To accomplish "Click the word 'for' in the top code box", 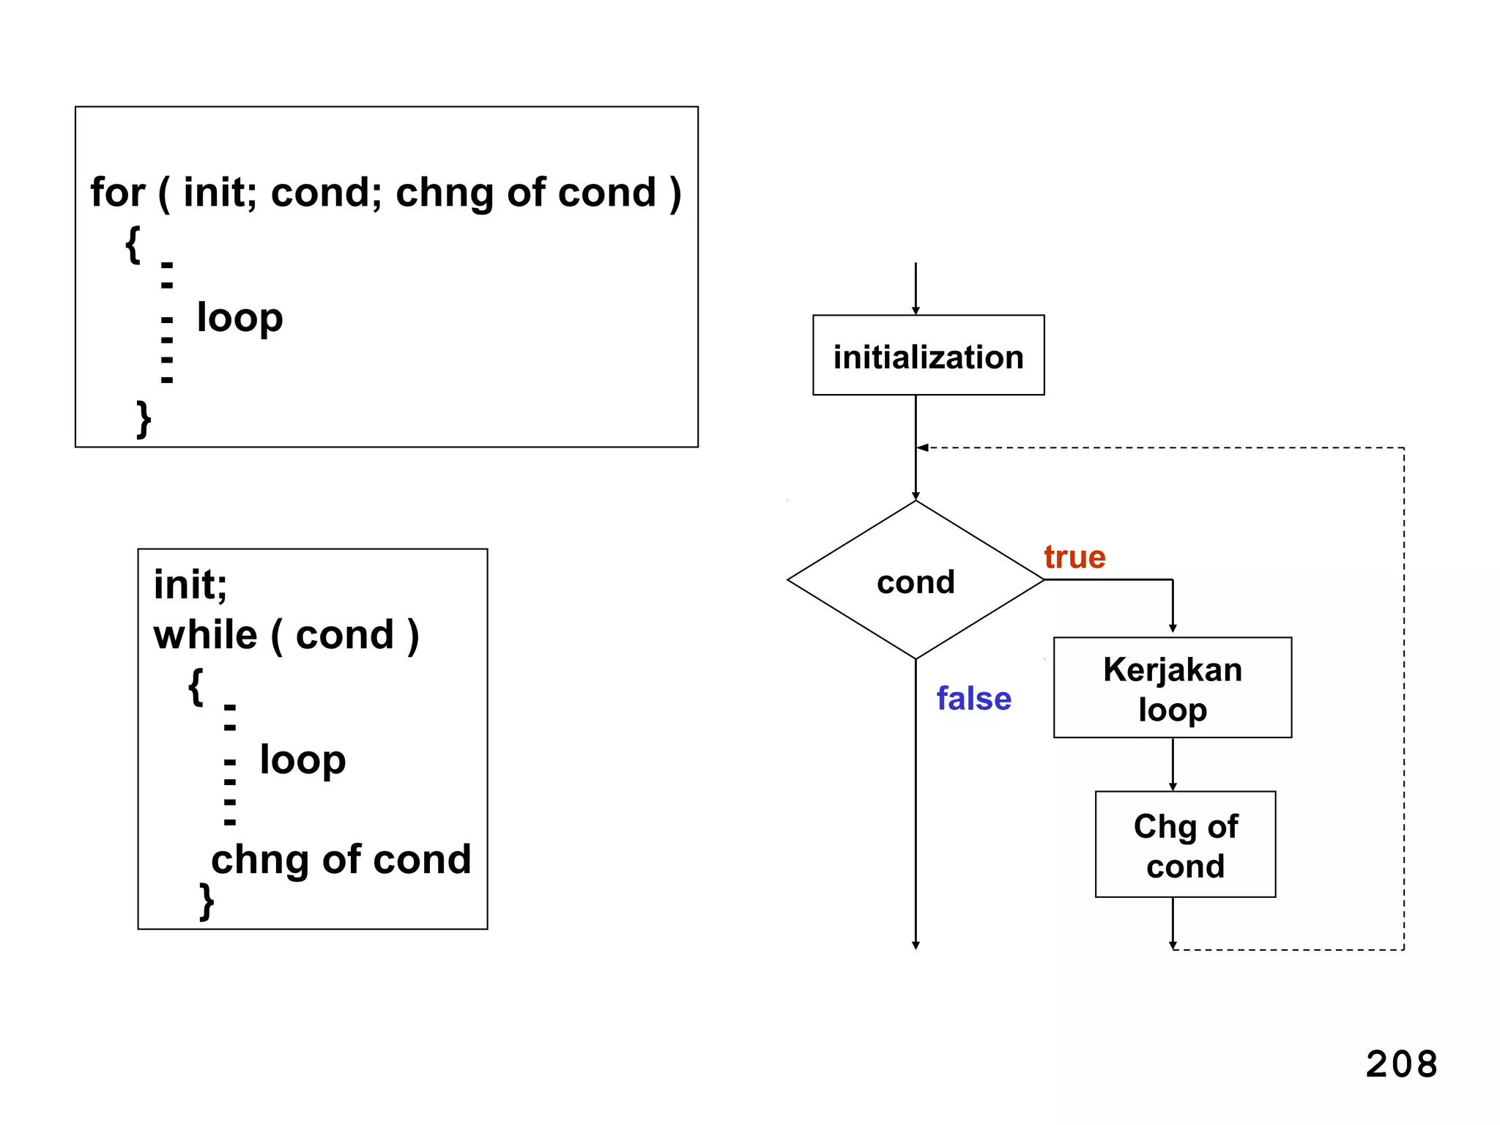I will (x=117, y=193).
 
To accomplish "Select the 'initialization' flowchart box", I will (x=928, y=356).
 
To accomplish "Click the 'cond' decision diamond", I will (x=916, y=581).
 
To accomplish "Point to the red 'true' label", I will (x=1074, y=557).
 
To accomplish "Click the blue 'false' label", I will (x=973, y=699).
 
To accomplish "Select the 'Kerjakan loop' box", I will (x=1172, y=688).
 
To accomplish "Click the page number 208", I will (x=1401, y=1063).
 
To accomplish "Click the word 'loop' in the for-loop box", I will (x=240, y=317).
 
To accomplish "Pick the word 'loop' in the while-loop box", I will (x=302, y=760).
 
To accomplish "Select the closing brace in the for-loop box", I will (x=144, y=419).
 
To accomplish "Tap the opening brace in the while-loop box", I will (x=196, y=687).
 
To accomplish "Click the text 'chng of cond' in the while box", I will (x=341, y=859).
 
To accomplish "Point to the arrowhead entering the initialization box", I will (x=916, y=311).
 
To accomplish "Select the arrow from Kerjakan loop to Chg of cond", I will (x=1173, y=765).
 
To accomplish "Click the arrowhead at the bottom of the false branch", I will (x=916, y=945).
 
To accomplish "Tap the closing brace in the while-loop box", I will (x=207, y=901).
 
